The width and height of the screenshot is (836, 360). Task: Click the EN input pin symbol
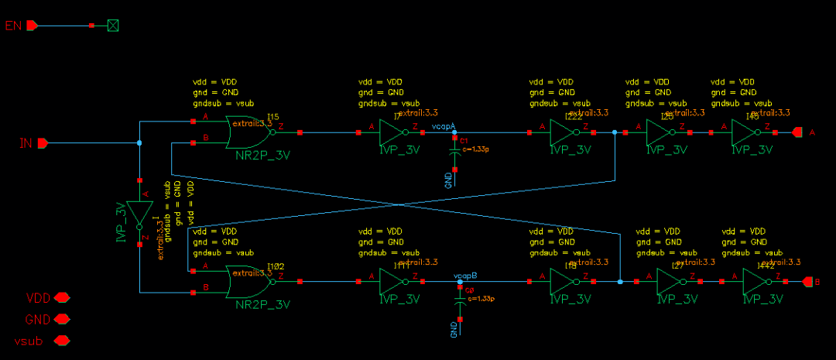click(32, 26)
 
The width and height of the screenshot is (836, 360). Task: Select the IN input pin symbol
click(43, 142)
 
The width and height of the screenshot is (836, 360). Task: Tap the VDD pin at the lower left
click(62, 297)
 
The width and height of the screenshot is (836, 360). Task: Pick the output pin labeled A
click(799, 132)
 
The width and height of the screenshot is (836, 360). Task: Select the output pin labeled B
click(808, 283)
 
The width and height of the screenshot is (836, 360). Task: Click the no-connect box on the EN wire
click(113, 26)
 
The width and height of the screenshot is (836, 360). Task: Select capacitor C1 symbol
click(455, 153)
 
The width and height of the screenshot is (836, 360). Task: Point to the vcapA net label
click(444, 125)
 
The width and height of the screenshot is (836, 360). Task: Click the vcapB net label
click(465, 275)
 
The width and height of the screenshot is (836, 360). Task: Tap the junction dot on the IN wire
click(139, 142)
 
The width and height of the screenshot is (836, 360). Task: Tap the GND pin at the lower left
click(62, 318)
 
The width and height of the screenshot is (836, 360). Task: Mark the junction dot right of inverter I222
click(615, 132)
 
